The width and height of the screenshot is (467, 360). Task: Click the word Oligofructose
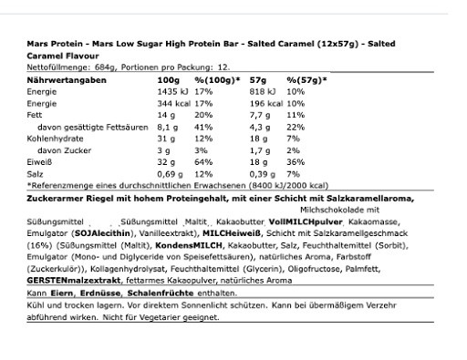[x=306, y=269]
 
